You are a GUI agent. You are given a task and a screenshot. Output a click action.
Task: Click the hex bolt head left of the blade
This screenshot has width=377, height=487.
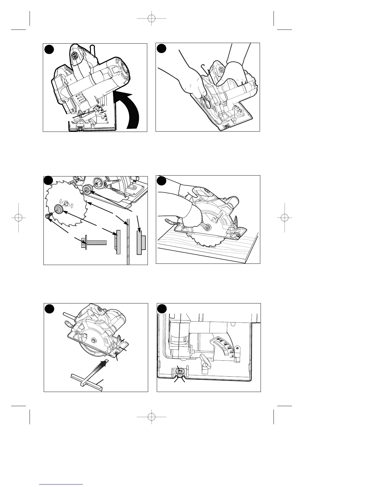(x=48, y=216)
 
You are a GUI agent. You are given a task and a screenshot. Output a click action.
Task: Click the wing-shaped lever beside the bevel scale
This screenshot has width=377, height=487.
(x=205, y=358)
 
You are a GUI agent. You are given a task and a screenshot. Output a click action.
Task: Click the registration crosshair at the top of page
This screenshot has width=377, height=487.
(x=151, y=18)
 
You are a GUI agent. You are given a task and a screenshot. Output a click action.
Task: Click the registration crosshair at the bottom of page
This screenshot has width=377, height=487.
(x=151, y=417)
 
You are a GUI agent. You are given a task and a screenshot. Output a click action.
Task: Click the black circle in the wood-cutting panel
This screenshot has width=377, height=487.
(x=162, y=181)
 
